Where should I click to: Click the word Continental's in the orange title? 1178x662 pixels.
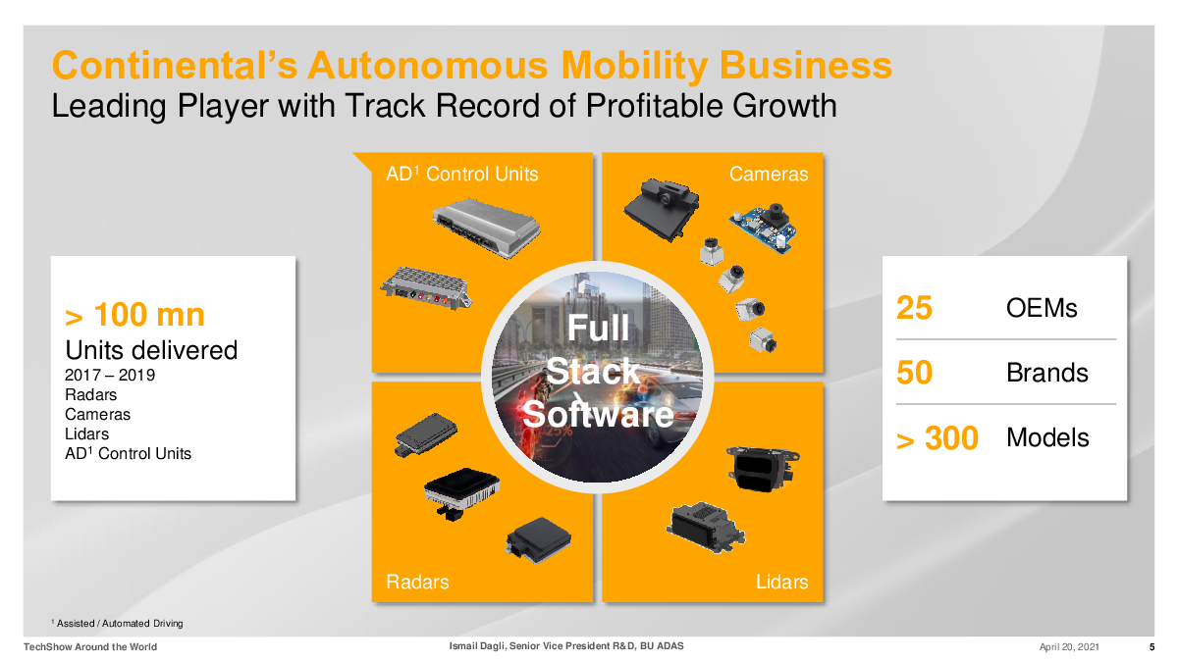tap(175, 65)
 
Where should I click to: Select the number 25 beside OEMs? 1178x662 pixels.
tap(914, 307)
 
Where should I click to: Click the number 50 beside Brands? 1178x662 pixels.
tap(914, 373)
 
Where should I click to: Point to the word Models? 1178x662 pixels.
tap(1047, 437)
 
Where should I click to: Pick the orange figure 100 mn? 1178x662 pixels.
tap(149, 314)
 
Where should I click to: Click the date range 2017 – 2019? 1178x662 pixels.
tap(110, 375)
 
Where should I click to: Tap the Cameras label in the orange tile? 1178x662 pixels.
tap(769, 174)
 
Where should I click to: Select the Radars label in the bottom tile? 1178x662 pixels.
tap(417, 582)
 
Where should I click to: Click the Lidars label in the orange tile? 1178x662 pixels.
tap(782, 582)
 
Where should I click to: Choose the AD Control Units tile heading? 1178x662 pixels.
tap(461, 174)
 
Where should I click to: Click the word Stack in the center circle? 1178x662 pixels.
tap(592, 371)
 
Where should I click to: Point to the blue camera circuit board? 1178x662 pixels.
tap(764, 228)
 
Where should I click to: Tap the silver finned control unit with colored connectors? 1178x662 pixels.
tap(426, 287)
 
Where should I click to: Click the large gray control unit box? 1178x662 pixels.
tap(487, 228)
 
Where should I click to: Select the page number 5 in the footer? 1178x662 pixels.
tap(1151, 646)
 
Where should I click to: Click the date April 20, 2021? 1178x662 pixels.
tap(1069, 646)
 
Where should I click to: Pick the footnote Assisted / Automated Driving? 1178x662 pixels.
tap(120, 623)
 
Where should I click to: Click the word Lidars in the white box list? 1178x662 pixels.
tap(86, 433)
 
